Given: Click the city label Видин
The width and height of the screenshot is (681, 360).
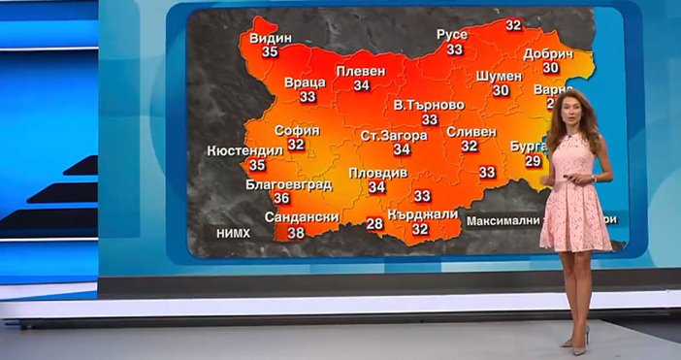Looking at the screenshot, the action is click(270, 38).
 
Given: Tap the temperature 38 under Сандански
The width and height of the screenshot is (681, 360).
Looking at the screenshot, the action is click(296, 233).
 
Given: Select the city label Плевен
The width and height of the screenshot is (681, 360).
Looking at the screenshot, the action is click(361, 72).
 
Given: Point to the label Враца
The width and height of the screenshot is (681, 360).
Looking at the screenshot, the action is click(306, 83).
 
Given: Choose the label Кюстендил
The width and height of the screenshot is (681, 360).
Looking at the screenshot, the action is click(245, 151).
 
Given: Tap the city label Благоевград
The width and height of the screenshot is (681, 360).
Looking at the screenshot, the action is click(289, 184).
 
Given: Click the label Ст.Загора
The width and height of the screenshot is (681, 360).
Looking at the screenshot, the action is click(394, 136).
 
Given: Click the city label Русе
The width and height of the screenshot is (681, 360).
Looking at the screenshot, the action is click(452, 35).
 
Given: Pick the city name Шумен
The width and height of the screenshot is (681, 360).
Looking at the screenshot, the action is click(501, 76).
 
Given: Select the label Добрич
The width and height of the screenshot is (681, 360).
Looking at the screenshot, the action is click(549, 54).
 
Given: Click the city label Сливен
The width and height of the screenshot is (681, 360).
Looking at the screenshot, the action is click(471, 132).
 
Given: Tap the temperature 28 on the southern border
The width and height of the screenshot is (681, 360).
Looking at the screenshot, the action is click(374, 224).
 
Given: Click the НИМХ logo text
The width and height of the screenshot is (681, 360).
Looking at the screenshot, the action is click(233, 233).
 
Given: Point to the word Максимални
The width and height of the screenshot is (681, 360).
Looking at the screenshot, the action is click(503, 220).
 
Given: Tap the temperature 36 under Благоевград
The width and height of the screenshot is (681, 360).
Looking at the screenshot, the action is click(281, 198).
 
